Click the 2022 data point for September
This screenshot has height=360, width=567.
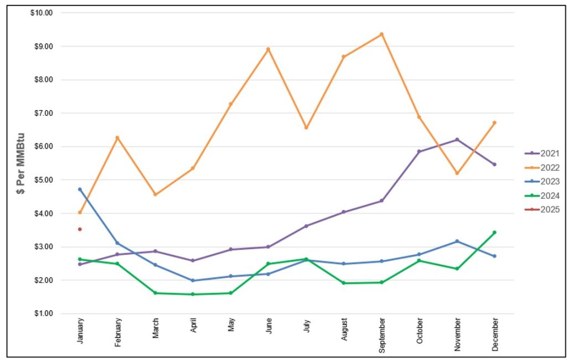pyautogui.click(x=382, y=34)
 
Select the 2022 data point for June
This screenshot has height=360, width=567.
pyautogui.click(x=268, y=49)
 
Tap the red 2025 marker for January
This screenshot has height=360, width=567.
pyautogui.click(x=80, y=229)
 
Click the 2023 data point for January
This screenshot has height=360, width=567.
pyautogui.click(x=80, y=189)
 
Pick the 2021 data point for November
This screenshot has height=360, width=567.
pyautogui.click(x=457, y=140)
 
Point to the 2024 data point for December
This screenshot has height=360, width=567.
pyautogui.click(x=494, y=233)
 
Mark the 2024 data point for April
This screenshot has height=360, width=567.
pyautogui.click(x=193, y=294)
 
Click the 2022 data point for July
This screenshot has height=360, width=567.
pyautogui.click(x=306, y=127)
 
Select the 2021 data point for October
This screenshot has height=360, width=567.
pyautogui.click(x=419, y=151)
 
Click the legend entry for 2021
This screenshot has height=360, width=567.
pyautogui.click(x=542, y=153)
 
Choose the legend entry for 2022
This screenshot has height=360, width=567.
pyautogui.click(x=542, y=167)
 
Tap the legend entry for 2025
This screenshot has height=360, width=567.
pyautogui.click(x=542, y=209)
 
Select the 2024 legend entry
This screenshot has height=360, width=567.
pyautogui.click(x=542, y=196)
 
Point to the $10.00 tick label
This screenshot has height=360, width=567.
pyautogui.click(x=42, y=13)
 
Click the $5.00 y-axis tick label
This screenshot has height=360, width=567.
pyautogui.click(x=43, y=180)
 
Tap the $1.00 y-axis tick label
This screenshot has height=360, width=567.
pyautogui.click(x=43, y=313)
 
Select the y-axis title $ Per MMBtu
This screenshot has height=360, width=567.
pyautogui.click(x=21, y=163)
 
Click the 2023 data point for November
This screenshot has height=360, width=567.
pyautogui.click(x=457, y=241)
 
